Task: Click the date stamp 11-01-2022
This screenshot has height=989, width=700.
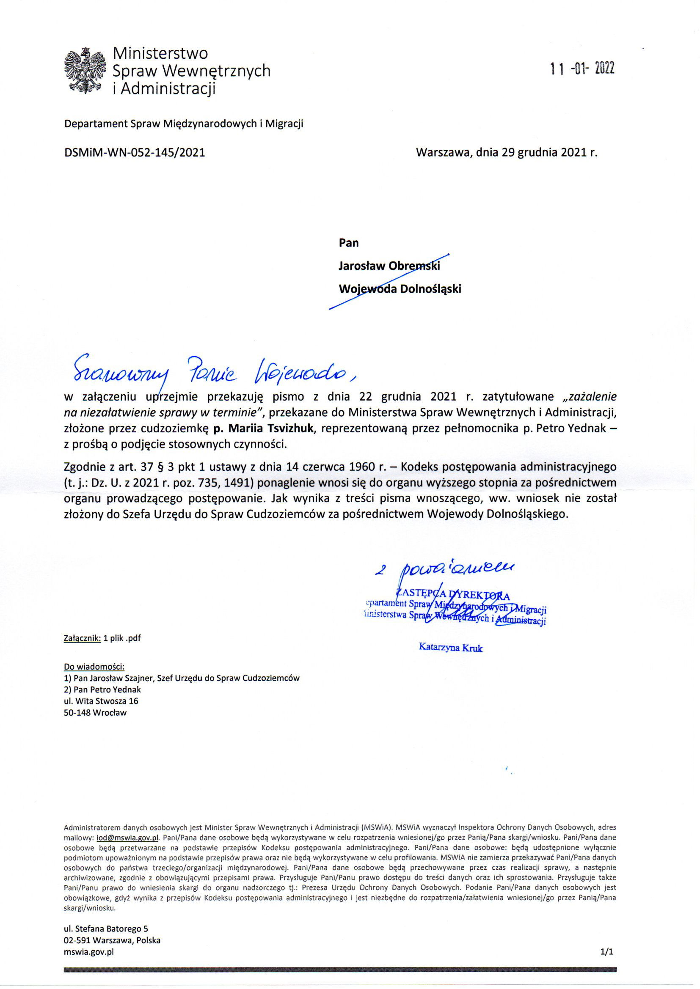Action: [x=582, y=69]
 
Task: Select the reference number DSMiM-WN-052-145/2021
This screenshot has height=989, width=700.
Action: [x=134, y=152]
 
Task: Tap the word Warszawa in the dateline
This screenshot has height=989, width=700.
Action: [x=444, y=152]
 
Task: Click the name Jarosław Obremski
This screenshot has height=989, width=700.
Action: [x=389, y=266]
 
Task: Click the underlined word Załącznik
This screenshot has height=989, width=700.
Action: [x=83, y=638]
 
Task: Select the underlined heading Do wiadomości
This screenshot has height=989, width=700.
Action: [x=94, y=667]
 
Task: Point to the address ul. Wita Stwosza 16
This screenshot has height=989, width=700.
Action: [x=101, y=701]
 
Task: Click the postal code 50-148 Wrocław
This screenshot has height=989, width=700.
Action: [x=95, y=712]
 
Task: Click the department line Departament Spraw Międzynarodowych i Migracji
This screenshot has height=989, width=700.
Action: [x=184, y=124]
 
